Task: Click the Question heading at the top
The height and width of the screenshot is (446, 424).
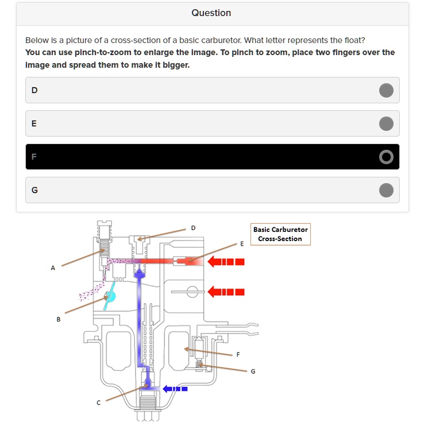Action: click(211, 13)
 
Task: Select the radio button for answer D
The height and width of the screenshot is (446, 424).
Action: click(386, 90)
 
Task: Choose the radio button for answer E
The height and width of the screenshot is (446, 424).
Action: click(386, 123)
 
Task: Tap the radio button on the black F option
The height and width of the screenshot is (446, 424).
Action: click(386, 157)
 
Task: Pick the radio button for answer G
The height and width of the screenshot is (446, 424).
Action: click(386, 190)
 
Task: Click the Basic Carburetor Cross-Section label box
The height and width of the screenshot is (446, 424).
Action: click(280, 234)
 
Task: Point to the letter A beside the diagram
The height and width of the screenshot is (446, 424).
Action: click(53, 267)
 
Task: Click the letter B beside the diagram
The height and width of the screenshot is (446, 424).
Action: click(58, 319)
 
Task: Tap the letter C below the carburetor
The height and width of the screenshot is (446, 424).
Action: click(98, 403)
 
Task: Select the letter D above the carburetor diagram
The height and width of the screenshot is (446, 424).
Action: click(193, 228)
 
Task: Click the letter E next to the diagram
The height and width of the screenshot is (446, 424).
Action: click(242, 243)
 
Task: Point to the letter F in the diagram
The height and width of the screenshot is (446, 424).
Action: click(238, 354)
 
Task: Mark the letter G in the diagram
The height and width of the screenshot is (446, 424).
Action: click(253, 371)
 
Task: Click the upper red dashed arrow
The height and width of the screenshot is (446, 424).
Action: click(226, 262)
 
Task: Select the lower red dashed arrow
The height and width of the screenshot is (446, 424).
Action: click(226, 291)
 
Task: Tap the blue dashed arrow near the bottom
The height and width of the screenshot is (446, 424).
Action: click(175, 389)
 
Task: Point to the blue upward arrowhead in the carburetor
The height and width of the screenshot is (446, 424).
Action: click(140, 273)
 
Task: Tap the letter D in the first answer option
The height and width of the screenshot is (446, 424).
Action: click(34, 90)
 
